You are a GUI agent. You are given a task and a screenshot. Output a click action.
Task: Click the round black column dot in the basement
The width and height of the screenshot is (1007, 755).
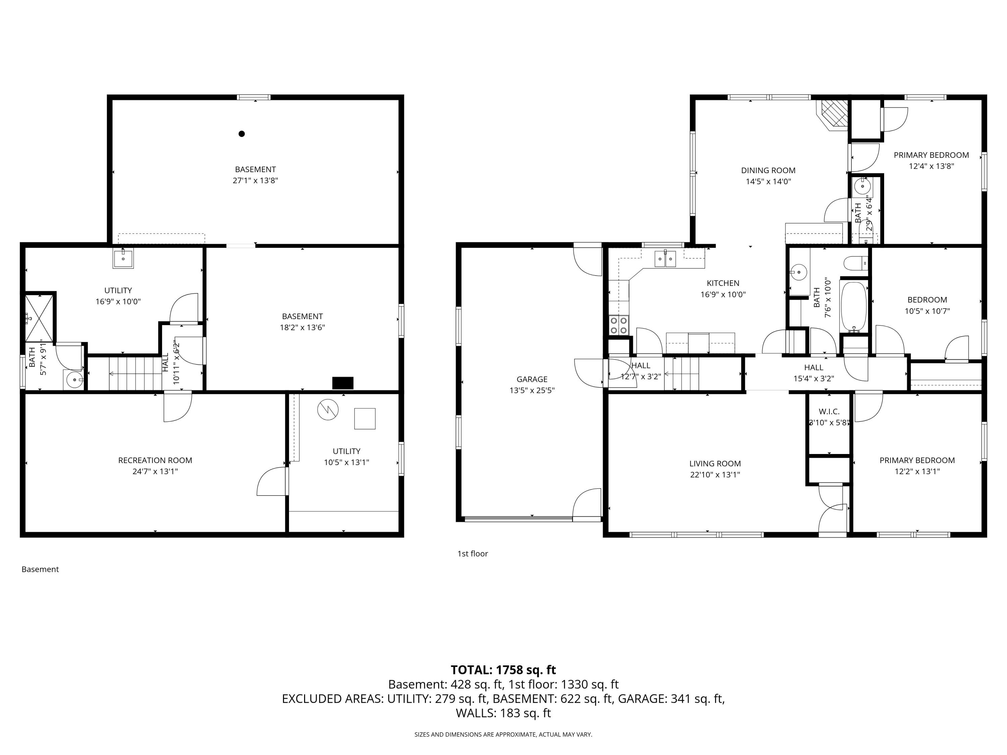(x=242, y=134)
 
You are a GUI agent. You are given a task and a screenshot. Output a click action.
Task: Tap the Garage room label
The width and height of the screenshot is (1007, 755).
(x=532, y=379)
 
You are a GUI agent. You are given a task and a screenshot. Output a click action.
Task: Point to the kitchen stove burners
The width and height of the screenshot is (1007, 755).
(x=619, y=325)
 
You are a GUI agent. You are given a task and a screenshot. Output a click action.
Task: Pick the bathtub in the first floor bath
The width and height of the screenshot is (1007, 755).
(x=854, y=307)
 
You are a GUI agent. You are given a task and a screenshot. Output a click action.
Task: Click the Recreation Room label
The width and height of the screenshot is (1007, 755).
(x=155, y=460)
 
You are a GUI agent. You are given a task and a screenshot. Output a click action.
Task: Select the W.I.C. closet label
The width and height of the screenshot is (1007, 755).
(x=829, y=411)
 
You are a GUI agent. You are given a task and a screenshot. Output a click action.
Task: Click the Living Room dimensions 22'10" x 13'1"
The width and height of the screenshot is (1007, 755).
(x=715, y=475)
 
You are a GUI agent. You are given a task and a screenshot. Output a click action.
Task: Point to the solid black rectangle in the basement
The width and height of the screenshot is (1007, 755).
(x=343, y=383)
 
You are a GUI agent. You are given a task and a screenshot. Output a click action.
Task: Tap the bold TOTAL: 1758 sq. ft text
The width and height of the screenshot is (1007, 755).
(x=503, y=670)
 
